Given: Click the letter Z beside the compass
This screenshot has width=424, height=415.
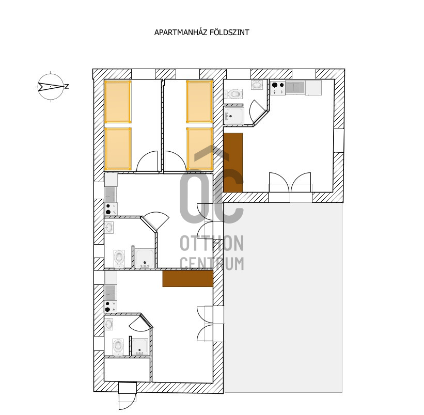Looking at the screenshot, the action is click(67, 87).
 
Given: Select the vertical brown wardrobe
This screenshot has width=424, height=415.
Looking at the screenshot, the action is click(233, 163).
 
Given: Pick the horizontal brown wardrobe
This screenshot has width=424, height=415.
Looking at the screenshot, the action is click(187, 279).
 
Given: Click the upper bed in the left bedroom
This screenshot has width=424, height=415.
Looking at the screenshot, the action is click(118, 102).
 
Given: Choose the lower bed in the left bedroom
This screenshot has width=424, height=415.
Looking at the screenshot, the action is click(118, 149).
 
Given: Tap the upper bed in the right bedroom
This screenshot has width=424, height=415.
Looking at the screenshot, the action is click(199, 102).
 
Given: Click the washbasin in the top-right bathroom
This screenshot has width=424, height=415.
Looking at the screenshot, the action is click(257, 85).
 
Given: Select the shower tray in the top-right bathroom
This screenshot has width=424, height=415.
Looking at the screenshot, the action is click(234, 116).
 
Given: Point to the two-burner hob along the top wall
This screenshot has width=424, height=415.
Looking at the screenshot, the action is click(278, 88).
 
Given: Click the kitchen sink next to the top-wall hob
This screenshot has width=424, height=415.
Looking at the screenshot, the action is click(295, 87).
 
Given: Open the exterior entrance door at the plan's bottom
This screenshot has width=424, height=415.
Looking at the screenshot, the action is click(128, 396).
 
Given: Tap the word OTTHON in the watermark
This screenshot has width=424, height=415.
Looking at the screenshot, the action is click(212, 243).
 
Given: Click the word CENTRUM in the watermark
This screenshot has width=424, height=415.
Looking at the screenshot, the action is click(212, 263).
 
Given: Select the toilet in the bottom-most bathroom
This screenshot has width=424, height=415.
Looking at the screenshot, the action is click(118, 347).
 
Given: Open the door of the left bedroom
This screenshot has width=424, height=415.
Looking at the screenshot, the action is click(147, 161).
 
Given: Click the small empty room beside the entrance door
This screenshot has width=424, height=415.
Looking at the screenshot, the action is click(127, 370).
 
